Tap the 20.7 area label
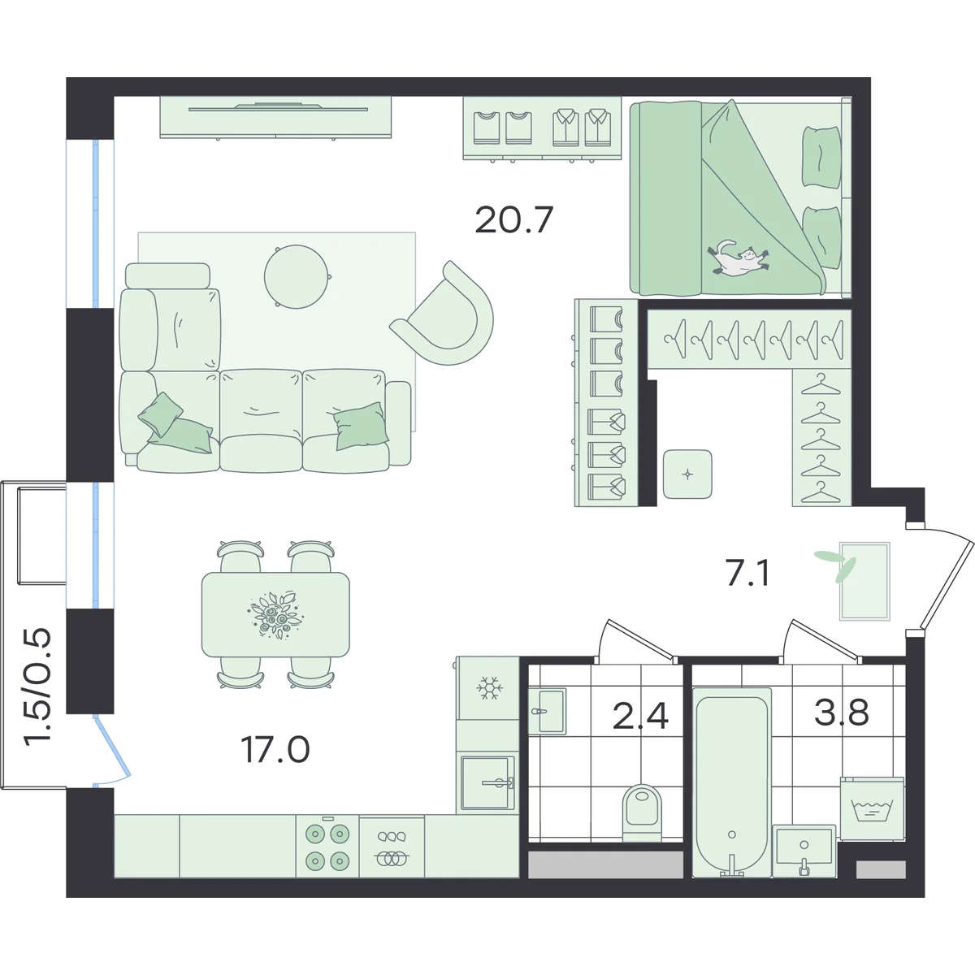pyautogui.click(x=514, y=220)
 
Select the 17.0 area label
pyautogui.click(x=275, y=750)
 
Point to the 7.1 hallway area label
pyautogui.click(x=747, y=574)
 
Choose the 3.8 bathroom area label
pyautogui.click(x=842, y=712)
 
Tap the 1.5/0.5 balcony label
pyautogui.click(x=38, y=686)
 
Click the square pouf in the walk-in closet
pyautogui.click(x=687, y=474)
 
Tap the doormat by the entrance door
pyautogui.click(x=864, y=581)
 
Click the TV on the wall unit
pyautogui.click(x=278, y=107)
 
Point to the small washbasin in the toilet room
pyautogui.click(x=547, y=711)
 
